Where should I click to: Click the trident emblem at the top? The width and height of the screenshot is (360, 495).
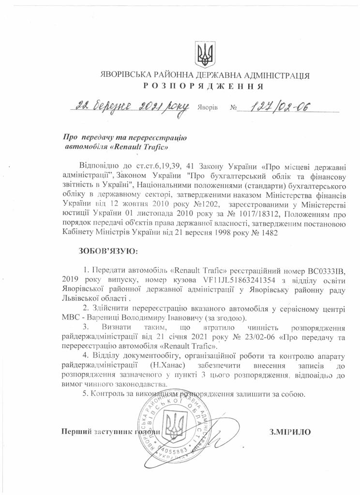(204, 54)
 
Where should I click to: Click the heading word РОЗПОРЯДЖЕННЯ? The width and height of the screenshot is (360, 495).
(203, 87)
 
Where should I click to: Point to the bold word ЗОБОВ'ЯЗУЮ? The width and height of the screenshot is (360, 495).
(108, 251)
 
